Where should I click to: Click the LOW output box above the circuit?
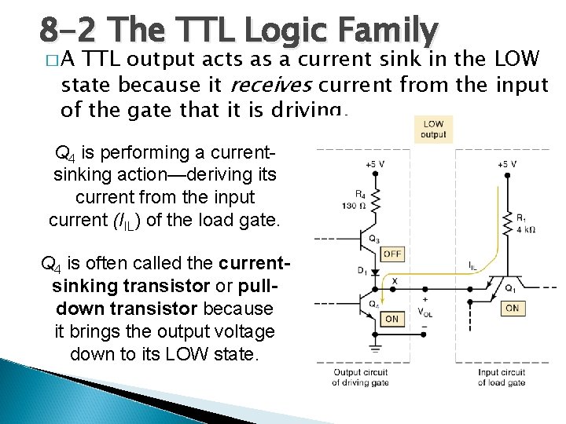coord(433,130)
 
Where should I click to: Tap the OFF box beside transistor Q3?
coord(391,254)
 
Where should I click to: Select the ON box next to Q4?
coord(391,319)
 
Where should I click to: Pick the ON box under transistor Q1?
coord(512,309)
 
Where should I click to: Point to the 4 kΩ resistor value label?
coord(525,231)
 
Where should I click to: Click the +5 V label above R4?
coord(375,164)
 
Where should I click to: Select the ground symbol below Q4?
coord(376,345)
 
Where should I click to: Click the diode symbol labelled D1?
coord(376,272)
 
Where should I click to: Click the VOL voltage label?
coord(428,311)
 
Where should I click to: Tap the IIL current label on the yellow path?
coord(473,267)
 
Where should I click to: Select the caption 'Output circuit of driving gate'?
coord(358,378)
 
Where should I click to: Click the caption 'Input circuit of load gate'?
coord(501,378)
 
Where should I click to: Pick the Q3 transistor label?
coord(374,239)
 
